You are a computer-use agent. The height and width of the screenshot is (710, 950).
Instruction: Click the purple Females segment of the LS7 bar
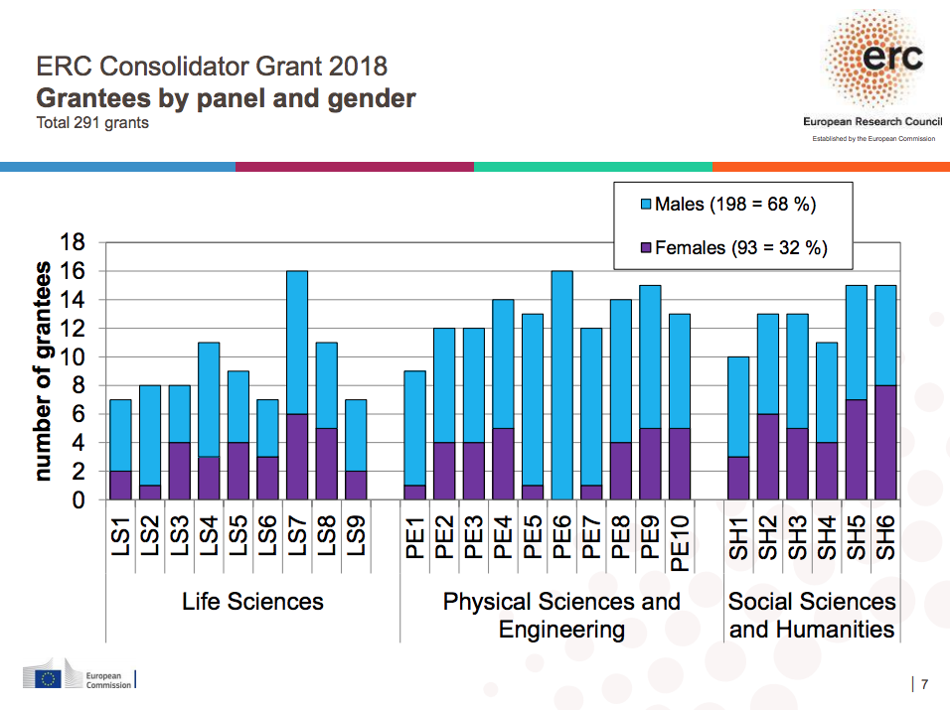tap(296, 457)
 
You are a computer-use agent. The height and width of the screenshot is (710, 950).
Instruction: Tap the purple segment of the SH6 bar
tap(884, 443)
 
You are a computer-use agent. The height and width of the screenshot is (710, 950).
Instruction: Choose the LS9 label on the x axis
tap(356, 533)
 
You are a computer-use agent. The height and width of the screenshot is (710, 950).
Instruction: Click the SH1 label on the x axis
tap(738, 533)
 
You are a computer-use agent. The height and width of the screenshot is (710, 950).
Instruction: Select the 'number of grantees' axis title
tap(43, 371)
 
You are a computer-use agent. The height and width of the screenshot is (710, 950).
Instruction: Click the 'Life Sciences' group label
tap(252, 601)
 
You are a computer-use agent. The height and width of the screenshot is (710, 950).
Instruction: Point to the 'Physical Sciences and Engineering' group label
tap(561, 615)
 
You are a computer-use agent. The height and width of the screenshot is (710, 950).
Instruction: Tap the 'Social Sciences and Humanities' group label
tap(812, 615)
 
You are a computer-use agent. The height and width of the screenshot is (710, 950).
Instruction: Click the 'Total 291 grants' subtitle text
tap(92, 124)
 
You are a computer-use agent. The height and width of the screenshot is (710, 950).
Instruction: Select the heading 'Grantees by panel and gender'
tap(226, 98)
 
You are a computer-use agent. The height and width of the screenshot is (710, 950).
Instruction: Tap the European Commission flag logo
tap(47, 679)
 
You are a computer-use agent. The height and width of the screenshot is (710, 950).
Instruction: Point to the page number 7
tap(925, 683)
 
